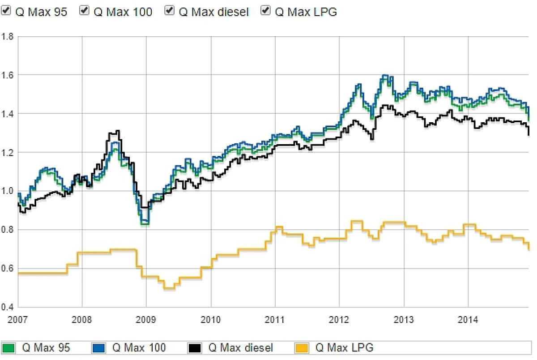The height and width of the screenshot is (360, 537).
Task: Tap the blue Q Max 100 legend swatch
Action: click(x=99, y=347)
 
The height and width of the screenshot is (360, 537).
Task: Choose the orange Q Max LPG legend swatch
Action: click(x=303, y=347)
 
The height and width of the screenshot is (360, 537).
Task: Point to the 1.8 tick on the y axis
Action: click(x=8, y=36)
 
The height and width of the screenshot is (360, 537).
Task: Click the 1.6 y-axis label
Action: click(x=8, y=75)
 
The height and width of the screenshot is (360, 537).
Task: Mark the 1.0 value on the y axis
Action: click(x=8, y=191)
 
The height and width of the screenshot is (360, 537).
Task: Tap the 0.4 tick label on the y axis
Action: click(x=8, y=307)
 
